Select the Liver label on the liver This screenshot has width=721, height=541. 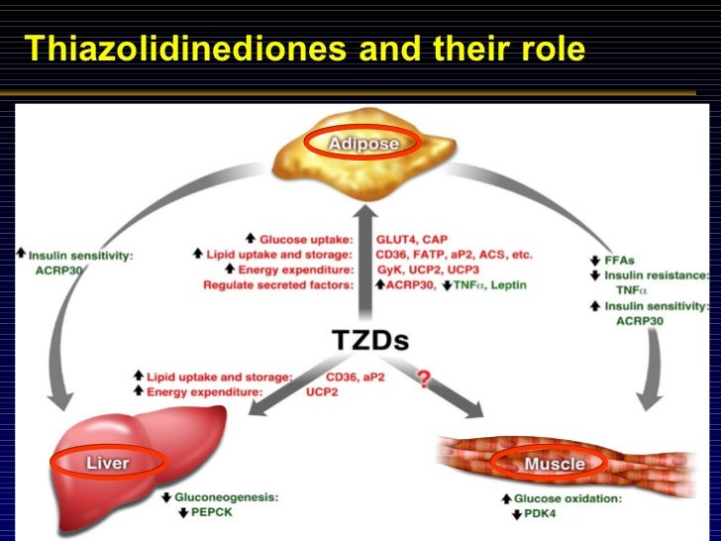point(107,462)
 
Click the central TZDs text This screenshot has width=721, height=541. point(369,340)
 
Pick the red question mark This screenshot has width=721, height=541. point(424,379)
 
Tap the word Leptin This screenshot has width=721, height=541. point(507,285)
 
